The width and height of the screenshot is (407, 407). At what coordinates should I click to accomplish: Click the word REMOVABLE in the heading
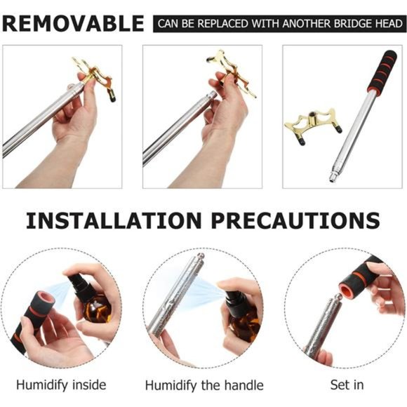pyautogui.click(x=73, y=24)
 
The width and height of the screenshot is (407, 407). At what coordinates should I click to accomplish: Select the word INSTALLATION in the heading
pyautogui.click(x=114, y=220)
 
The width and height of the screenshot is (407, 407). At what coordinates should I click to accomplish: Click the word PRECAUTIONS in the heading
pyautogui.click(x=295, y=220)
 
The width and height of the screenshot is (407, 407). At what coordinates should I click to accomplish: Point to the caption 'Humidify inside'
pyautogui.click(x=61, y=385)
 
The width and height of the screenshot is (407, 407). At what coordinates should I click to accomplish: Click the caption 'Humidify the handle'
pyautogui.click(x=204, y=385)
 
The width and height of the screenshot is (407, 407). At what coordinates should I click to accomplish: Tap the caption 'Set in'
pyautogui.click(x=347, y=385)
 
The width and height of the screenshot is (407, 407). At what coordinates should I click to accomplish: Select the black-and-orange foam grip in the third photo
pyautogui.click(x=382, y=71)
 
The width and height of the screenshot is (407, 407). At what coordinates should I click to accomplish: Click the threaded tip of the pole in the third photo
pyautogui.click(x=333, y=178)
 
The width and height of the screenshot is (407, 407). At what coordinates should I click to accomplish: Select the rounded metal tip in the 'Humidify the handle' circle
pyautogui.click(x=201, y=256)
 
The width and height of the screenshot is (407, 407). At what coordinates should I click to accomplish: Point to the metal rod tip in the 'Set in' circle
pyautogui.click(x=338, y=298)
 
